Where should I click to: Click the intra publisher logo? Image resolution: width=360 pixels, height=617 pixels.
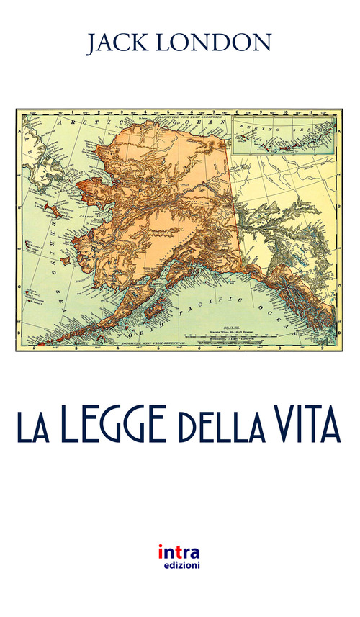point(180,552)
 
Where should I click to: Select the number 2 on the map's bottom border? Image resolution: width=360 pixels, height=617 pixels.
point(35,346)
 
